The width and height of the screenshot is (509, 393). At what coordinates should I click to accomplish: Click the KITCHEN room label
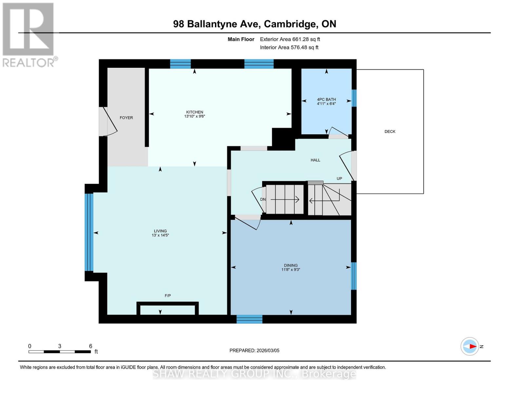click(194, 112)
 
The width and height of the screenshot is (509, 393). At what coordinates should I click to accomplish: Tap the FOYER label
click(126, 118)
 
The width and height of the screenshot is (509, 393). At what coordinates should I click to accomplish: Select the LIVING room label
click(160, 231)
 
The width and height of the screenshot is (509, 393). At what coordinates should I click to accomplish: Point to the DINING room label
click(291, 265)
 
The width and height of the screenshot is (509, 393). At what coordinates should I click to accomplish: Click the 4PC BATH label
click(326, 100)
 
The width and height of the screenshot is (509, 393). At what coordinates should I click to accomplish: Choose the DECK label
click(390, 131)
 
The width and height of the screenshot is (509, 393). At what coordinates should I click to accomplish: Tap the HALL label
click(315, 160)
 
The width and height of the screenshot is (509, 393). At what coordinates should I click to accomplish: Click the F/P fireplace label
click(167, 296)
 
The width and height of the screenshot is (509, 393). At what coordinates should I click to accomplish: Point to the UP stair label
click(339, 178)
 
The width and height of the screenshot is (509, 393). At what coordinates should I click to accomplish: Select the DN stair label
click(263, 199)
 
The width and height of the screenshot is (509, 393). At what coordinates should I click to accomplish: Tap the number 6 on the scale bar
click(90, 346)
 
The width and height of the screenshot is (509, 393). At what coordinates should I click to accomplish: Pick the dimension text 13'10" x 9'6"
click(194, 116)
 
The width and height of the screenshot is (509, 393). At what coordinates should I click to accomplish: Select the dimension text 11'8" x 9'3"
click(291, 270)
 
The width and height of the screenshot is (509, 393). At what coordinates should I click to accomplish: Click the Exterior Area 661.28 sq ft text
click(290, 39)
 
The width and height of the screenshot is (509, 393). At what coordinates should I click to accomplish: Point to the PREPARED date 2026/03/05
click(254, 350)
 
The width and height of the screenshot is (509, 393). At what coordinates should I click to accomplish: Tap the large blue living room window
click(89, 232)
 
